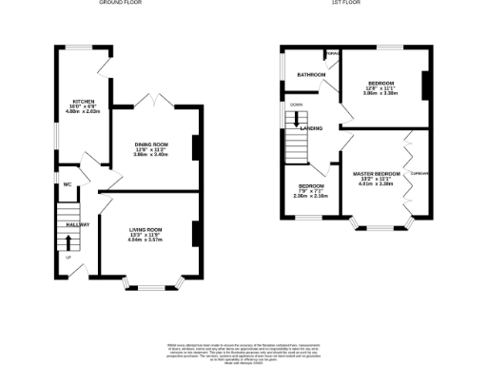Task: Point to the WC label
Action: coord(68,183)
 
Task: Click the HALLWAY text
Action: coord(78,224)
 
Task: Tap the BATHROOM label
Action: coord(309,74)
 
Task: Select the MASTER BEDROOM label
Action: coord(376,172)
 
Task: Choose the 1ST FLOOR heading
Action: coord(343,4)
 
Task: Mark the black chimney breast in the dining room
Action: coord(196,148)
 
